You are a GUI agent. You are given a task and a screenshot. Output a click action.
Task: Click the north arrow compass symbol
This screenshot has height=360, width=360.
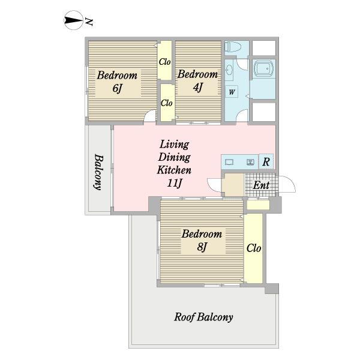(73, 20)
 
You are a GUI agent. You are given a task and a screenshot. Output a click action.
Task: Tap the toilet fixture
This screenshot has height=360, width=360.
(233, 47)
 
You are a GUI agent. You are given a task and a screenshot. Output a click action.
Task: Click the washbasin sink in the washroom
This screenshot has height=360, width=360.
(229, 70)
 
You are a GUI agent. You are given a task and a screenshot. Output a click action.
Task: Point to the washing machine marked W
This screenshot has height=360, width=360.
(232, 92)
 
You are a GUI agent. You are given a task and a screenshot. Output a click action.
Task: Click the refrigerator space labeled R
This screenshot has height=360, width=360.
(266, 161)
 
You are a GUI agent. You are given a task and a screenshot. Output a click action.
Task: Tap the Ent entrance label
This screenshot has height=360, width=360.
(261, 185)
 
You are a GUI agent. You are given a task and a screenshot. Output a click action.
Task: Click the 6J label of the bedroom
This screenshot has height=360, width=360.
(117, 89)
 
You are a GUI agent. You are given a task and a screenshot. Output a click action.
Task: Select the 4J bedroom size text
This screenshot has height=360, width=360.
(197, 87)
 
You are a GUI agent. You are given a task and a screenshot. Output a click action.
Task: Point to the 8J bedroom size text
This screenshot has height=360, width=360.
(202, 247)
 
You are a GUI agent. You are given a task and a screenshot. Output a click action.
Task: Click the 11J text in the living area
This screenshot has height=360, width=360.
(175, 183)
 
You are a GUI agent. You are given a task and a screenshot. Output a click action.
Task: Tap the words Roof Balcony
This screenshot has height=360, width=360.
(203, 317)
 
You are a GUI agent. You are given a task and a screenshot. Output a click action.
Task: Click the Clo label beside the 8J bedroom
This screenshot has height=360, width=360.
(254, 248)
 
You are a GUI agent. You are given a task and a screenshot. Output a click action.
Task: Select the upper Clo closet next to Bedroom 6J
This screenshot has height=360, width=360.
(165, 61)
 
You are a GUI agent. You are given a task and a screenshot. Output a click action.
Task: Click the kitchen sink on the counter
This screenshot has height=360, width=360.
(229, 162)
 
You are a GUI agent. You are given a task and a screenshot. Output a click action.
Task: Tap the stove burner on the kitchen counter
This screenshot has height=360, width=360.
(250, 162)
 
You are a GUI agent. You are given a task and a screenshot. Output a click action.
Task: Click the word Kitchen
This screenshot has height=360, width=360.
(174, 170)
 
